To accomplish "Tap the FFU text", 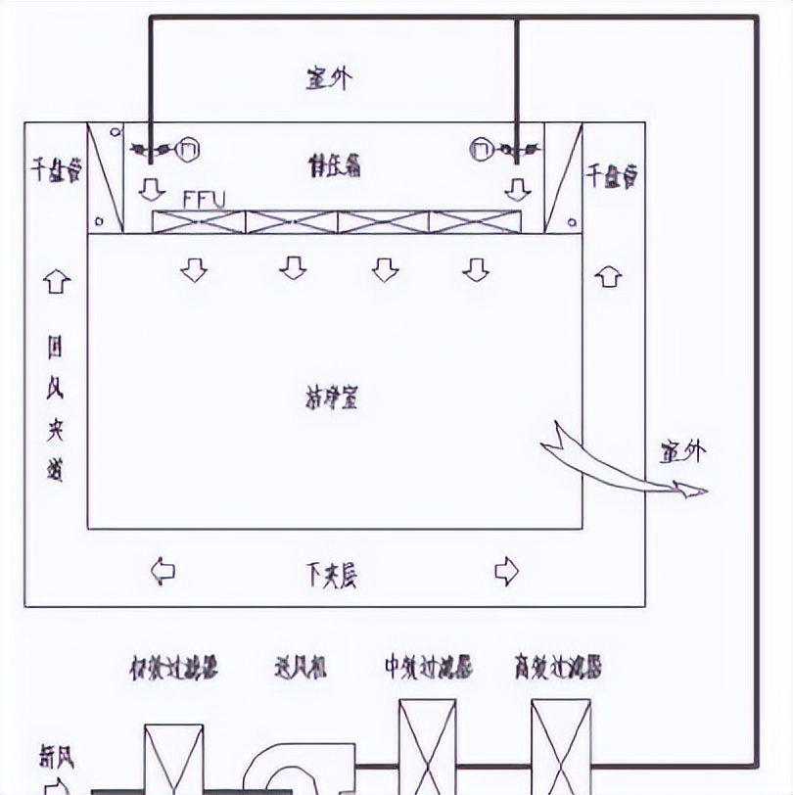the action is tap(205, 199).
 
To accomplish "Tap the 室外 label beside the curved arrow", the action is tap(682, 451).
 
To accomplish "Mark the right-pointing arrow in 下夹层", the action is tap(506, 570).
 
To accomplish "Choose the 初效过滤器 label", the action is tap(173, 669).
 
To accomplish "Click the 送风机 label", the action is tap(300, 669).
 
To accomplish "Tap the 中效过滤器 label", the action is tap(428, 668).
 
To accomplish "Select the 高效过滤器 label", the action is tap(557, 668).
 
